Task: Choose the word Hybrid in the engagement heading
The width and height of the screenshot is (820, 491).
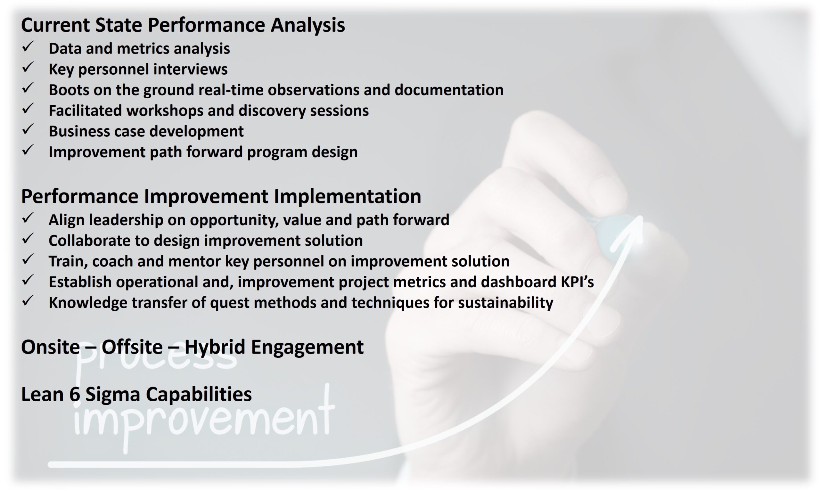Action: coord(215,347)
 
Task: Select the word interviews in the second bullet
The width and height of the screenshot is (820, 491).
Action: coord(190,69)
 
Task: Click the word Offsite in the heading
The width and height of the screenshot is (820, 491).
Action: coord(132,347)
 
